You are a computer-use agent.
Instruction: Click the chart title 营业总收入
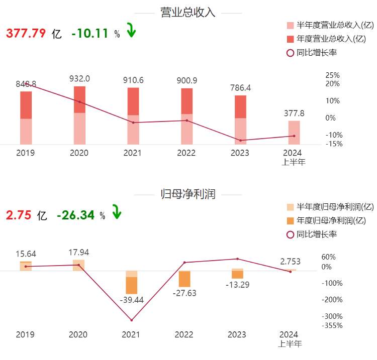point(187,13)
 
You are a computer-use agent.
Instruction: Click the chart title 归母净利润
point(187,194)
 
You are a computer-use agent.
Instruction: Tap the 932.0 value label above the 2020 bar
point(79,78)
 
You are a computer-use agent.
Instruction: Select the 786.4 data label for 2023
point(240,88)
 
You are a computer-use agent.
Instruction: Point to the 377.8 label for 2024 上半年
point(294,113)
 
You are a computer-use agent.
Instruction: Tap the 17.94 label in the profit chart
point(79,252)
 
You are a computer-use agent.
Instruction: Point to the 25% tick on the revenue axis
point(333,75)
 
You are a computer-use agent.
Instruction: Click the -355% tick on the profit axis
point(332,325)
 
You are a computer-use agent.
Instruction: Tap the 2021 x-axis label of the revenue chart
point(133,153)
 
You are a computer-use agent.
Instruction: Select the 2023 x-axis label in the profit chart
point(239,334)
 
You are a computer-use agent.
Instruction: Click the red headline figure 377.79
point(26,34)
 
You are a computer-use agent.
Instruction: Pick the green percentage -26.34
point(76,215)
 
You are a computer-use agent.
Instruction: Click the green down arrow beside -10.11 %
point(131,31)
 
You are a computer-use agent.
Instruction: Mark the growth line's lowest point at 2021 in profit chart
point(132,320)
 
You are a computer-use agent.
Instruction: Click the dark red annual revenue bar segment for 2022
point(186,101)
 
